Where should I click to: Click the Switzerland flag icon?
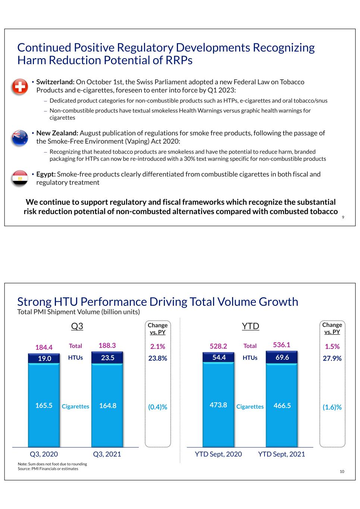(20, 87)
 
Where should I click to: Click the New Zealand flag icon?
(20, 138)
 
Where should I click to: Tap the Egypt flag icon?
(20, 178)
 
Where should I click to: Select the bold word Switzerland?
(56, 82)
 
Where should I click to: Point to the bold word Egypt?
(46, 174)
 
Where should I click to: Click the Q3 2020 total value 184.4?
(44, 347)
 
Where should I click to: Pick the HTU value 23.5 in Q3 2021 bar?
(107, 358)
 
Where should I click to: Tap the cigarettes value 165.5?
(44, 405)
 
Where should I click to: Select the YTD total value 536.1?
(282, 345)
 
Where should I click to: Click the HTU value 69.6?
(282, 357)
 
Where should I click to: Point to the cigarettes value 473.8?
(218, 405)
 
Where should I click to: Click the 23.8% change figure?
(158, 358)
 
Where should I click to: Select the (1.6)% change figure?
(332, 407)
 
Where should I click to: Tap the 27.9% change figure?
(332, 358)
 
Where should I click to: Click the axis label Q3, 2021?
(107, 454)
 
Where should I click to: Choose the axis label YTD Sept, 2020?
(218, 454)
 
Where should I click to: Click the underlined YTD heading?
(250, 326)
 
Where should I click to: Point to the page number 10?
(342, 471)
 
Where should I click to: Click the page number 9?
(343, 217)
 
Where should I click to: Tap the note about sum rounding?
(53, 464)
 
